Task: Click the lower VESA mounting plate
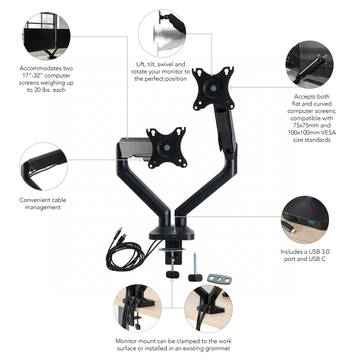(166, 147)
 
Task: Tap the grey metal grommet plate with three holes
(220, 278)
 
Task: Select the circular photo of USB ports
(305, 220)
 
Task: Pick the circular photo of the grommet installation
(208, 309)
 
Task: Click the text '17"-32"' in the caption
(32, 76)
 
